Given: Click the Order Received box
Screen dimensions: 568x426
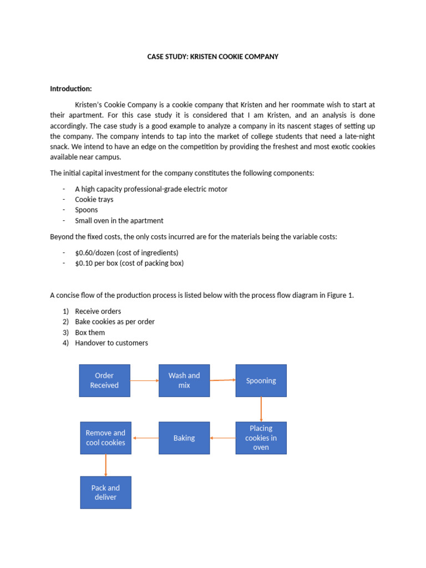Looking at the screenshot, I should click(x=105, y=381).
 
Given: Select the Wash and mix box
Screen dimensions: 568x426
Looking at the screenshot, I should click(x=184, y=381).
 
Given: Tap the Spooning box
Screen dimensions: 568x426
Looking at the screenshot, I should click(x=261, y=381).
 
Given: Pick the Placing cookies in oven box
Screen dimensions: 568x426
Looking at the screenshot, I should click(x=261, y=438).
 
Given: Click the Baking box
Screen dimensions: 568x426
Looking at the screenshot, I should click(x=184, y=438).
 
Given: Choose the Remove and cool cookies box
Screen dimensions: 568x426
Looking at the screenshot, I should click(x=105, y=438).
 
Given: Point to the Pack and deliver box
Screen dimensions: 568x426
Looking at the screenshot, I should click(x=105, y=493).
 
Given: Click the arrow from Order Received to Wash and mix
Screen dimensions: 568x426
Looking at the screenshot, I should click(x=144, y=381).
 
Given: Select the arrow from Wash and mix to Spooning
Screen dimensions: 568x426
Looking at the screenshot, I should click(x=222, y=380).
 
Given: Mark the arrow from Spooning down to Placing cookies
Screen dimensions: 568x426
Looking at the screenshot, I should click(x=261, y=409).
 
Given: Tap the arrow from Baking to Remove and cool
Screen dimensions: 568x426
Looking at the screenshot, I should click(x=145, y=438).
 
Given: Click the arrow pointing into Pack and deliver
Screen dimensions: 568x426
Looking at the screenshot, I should click(x=105, y=465).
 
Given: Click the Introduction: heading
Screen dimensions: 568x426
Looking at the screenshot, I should click(x=71, y=89).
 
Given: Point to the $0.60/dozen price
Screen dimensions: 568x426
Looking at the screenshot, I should click(x=95, y=252).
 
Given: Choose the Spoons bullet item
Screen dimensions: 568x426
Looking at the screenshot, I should click(x=87, y=210).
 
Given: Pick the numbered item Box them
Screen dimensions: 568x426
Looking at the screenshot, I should click(x=90, y=332).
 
